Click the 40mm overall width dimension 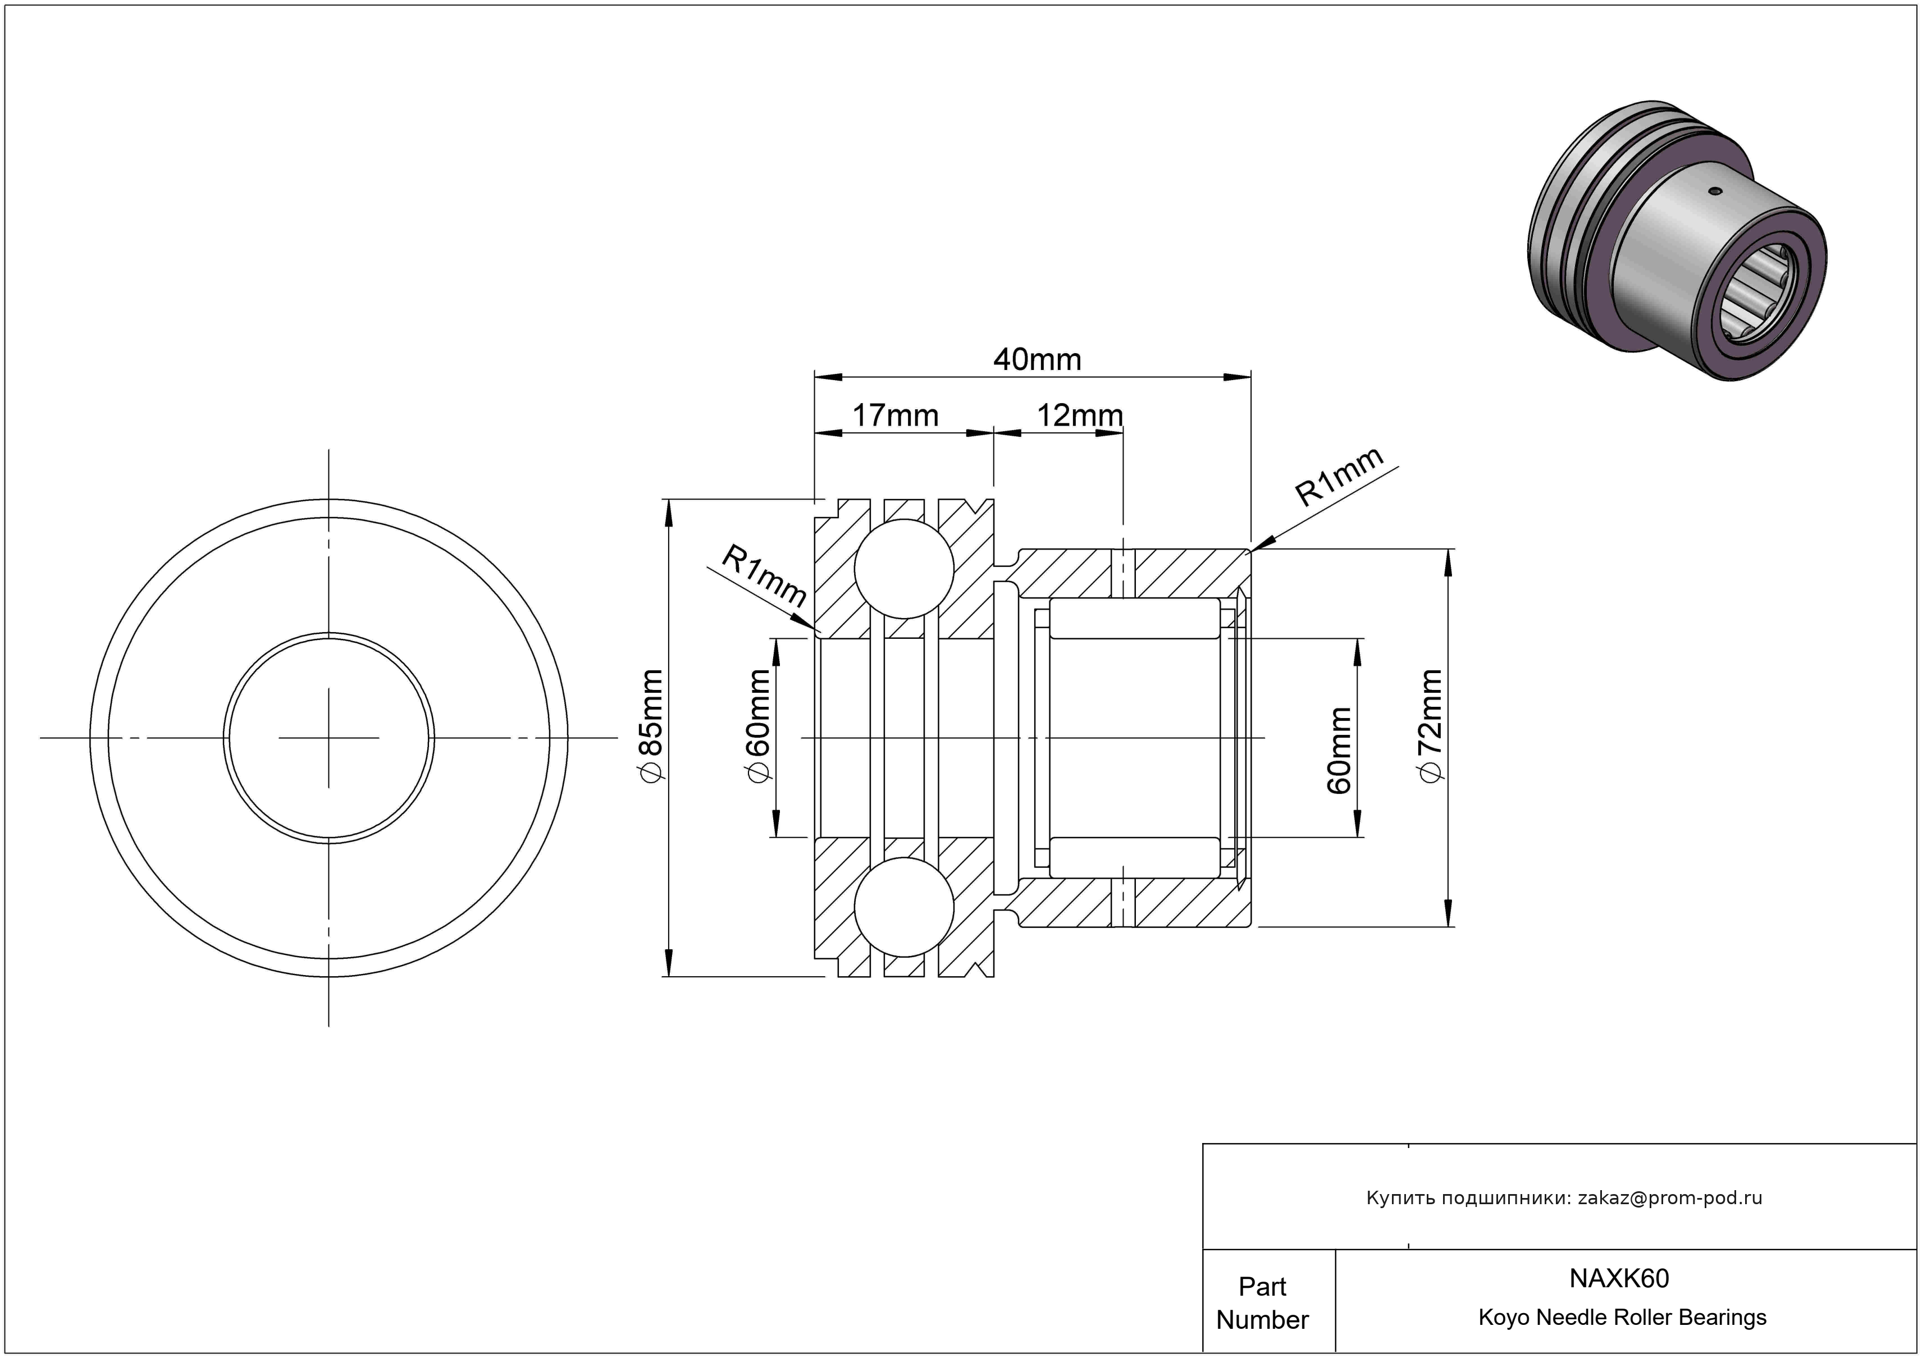[x=1037, y=360]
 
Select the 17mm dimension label [x=895, y=416]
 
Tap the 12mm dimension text [x=1080, y=416]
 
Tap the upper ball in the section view [x=904, y=569]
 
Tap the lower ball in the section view [x=904, y=907]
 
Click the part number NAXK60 [x=1619, y=1278]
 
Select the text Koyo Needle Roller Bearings [x=1622, y=1318]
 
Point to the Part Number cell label [x=1262, y=1303]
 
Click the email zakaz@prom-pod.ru [x=1670, y=1198]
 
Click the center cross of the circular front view [x=329, y=738]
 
